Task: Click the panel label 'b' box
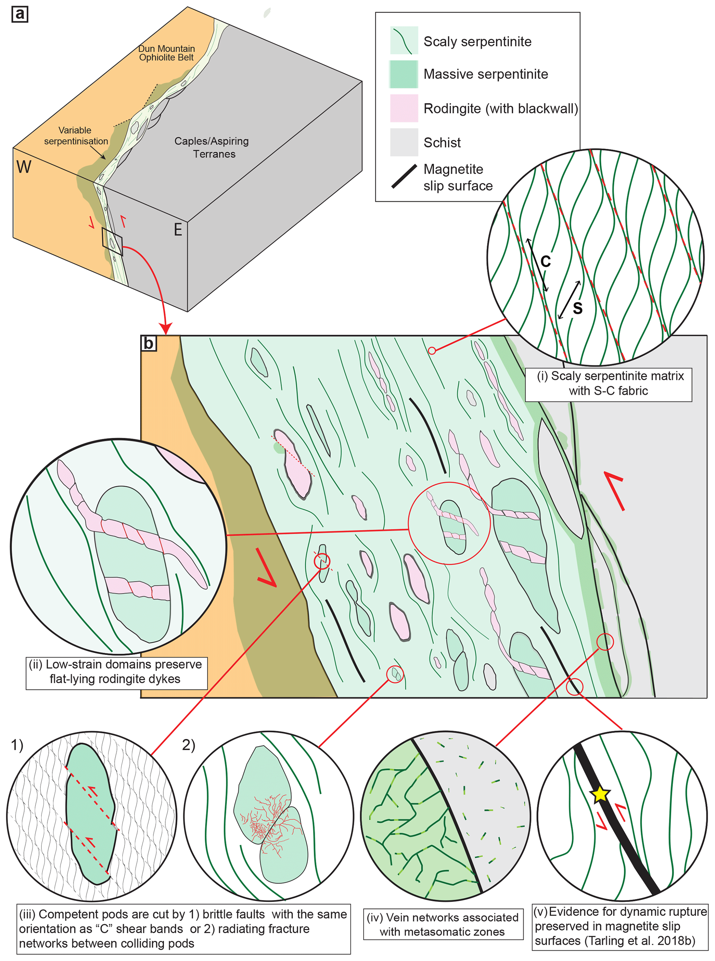coord(148,343)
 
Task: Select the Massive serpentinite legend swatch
coord(404,74)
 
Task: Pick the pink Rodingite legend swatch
coord(404,108)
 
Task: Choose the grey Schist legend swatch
coord(404,142)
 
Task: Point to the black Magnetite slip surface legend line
coord(404,176)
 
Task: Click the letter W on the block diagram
coord(24,167)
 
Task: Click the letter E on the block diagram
coord(178,230)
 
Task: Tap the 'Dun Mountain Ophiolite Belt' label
coord(167,53)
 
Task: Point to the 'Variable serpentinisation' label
coord(76,136)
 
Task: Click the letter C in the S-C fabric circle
coord(546,261)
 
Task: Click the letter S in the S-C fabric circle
coord(577,308)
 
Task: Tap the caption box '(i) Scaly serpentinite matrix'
coord(608,383)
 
